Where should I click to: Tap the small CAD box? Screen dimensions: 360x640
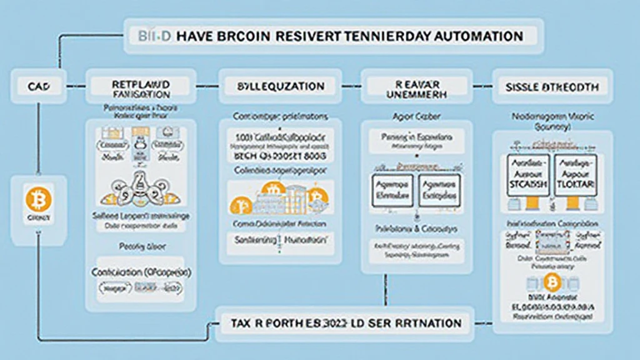[x=37, y=87]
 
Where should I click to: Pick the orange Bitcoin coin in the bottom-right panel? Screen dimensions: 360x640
[x=552, y=283]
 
